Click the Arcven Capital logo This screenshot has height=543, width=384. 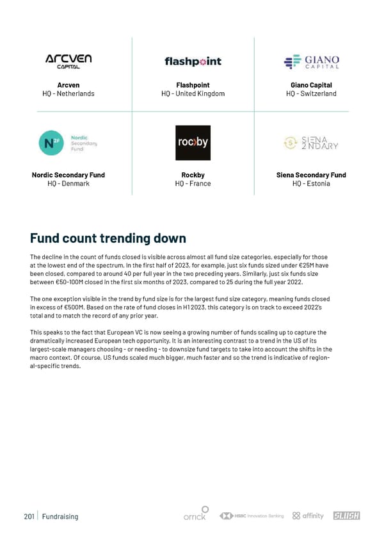click(x=68, y=61)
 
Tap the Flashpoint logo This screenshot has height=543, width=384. click(x=193, y=61)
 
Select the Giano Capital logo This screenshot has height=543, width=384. click(x=311, y=61)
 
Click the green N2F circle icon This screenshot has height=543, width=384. click(x=50, y=143)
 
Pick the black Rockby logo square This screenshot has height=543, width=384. click(x=193, y=143)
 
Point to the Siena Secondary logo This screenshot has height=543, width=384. click(x=311, y=142)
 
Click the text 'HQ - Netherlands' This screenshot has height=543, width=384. click(x=68, y=93)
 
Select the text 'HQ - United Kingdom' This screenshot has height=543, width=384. click(x=193, y=93)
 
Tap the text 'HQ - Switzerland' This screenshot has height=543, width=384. click(x=311, y=93)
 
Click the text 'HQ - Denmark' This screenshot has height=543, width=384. click(x=68, y=184)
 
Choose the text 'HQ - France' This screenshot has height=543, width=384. click(x=193, y=184)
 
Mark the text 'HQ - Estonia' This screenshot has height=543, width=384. click(x=311, y=184)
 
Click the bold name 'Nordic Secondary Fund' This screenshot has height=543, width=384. click(x=68, y=175)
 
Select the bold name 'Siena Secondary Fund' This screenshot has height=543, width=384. click(x=311, y=175)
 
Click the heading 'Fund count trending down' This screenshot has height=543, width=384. click(x=108, y=238)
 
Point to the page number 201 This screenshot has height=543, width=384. click(x=28, y=516)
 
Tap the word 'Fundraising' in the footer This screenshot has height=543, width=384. click(x=60, y=516)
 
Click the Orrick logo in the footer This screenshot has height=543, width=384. click(x=195, y=514)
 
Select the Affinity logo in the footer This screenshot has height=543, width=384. click(x=308, y=515)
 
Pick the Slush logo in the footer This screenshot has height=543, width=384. click(x=347, y=515)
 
